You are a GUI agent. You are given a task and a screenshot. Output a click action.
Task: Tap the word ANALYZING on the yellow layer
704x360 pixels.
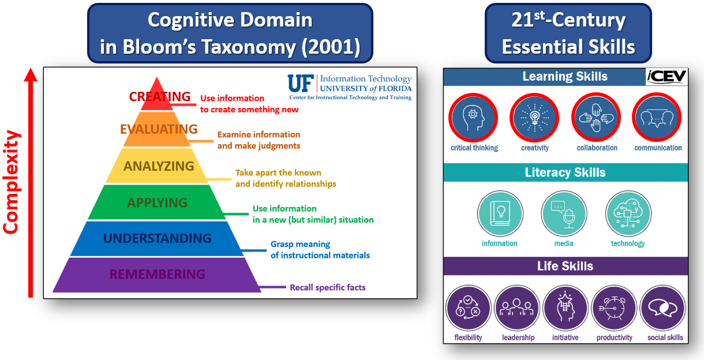click(159, 166)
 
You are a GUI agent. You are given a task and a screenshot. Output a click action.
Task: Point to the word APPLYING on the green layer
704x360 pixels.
click(158, 202)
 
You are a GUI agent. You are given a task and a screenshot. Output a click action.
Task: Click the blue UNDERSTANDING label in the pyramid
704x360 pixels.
click(158, 238)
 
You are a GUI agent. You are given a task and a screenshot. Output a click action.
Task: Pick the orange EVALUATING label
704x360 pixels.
click(159, 129)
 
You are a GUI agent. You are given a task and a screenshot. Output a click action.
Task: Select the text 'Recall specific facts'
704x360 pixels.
click(327, 287)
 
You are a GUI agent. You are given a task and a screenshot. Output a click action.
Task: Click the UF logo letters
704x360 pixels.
click(301, 84)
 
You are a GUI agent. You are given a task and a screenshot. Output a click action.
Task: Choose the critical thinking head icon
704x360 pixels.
click(474, 117)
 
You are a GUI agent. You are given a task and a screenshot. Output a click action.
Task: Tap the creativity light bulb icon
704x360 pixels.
click(535, 117)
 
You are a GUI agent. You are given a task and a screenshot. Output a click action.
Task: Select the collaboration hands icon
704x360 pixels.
click(597, 117)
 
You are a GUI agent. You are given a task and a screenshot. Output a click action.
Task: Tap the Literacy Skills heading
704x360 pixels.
click(565, 172)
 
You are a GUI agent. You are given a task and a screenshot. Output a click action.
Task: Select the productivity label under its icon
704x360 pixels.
click(614, 337)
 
